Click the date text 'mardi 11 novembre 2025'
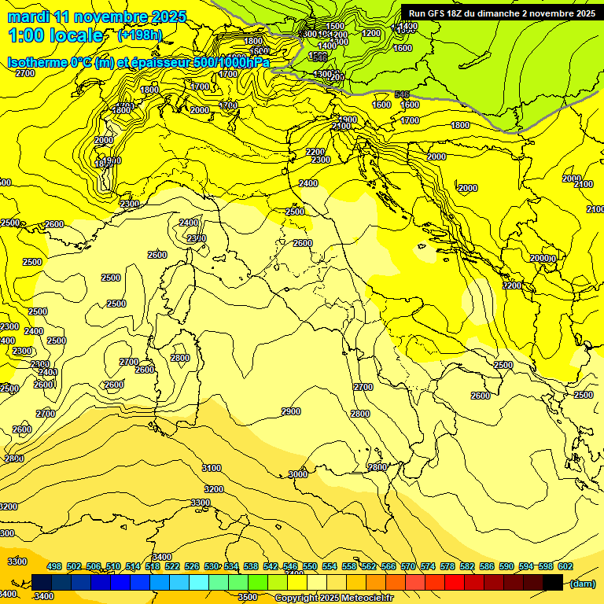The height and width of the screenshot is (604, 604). [x=97, y=17]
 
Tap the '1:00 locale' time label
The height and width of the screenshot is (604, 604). [x=55, y=35]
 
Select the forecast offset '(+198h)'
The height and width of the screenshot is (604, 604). [x=139, y=35]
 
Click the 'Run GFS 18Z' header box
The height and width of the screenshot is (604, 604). [x=499, y=13]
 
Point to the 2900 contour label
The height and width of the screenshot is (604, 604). [x=291, y=412]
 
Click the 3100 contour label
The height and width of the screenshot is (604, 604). [x=212, y=468]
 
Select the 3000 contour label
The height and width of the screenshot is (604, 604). [x=297, y=474]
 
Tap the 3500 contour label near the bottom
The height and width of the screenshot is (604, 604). [x=247, y=597]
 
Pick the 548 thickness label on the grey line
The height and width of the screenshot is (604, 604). [x=402, y=94]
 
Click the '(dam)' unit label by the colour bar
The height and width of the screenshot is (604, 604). [x=582, y=584]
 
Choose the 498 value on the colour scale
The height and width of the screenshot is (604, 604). [x=54, y=567]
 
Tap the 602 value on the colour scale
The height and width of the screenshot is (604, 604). [x=565, y=567]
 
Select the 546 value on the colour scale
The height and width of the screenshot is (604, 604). [x=290, y=567]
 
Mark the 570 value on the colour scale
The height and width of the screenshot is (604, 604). [x=408, y=567]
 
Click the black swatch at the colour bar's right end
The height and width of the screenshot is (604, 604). [x=553, y=583]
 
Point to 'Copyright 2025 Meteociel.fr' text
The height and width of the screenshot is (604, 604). [x=334, y=598]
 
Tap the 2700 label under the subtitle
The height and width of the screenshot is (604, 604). [x=25, y=73]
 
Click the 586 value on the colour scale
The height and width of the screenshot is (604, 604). [x=487, y=567]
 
